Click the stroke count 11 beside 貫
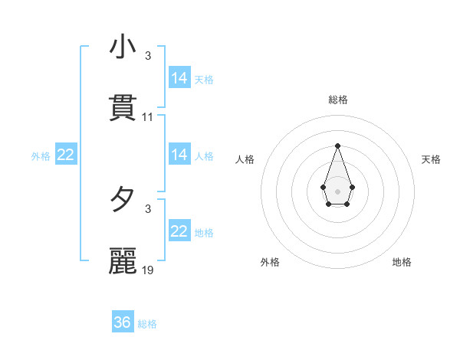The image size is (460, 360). [148, 117]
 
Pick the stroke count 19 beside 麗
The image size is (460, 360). [148, 270]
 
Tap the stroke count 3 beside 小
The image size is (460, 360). [148, 56]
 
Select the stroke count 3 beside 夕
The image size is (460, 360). [148, 208]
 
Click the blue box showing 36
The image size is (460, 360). [123, 322]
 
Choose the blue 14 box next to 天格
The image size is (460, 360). [179, 78]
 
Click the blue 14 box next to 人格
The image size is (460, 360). [179, 155]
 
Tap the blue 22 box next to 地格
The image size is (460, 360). [179, 231]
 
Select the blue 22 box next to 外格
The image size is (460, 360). [66, 155]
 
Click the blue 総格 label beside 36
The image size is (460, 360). [147, 324]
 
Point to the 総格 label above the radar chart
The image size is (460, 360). [338, 100]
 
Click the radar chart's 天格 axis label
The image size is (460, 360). [432, 159]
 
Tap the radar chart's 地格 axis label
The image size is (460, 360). [402, 262]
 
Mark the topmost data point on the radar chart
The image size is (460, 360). [337, 145]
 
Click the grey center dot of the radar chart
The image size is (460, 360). [337, 190]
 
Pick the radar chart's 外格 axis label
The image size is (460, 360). [270, 262]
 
